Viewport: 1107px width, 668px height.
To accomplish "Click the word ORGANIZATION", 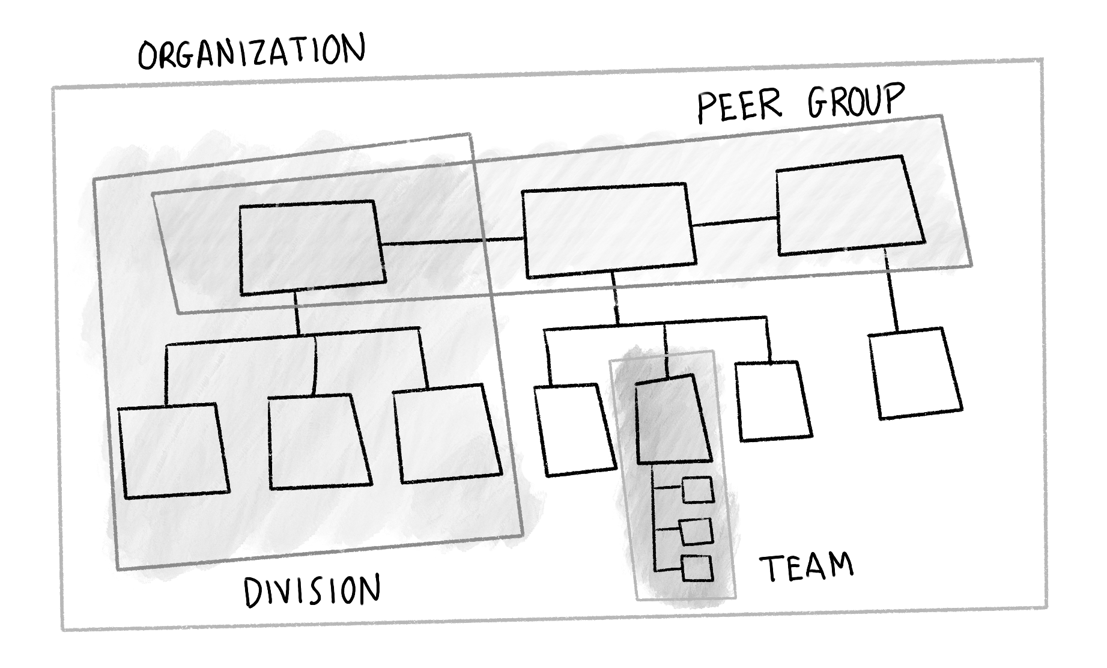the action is click(x=251, y=52).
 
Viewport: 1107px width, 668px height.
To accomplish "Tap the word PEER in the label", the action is click(x=739, y=107).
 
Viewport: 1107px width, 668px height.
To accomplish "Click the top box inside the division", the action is click(x=311, y=247).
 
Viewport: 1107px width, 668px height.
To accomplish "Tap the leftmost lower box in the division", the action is click(x=173, y=451).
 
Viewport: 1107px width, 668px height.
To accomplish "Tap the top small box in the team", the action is click(x=697, y=490).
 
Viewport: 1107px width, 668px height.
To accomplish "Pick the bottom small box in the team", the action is click(x=697, y=568).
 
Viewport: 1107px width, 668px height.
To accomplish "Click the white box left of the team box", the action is click(x=574, y=430).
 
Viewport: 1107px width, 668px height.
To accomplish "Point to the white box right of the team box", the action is click(x=773, y=401).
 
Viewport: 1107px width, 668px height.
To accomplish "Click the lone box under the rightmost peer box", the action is click(x=914, y=373).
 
